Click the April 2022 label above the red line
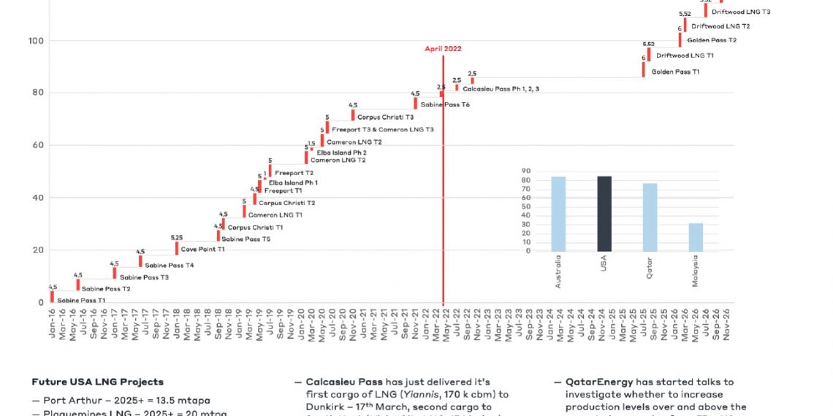pos(443,49)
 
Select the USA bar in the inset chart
pos(604,213)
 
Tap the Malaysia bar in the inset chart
pos(696,237)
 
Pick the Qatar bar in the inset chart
pos(650,217)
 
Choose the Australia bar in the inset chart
pos(558,214)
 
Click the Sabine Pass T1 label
pos(81,300)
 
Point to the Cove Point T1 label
pos(202,249)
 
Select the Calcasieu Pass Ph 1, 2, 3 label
pos(501,88)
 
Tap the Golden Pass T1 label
pos(675,72)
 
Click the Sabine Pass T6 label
pos(445,105)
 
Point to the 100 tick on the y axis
pos(34,40)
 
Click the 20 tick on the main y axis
pos(36,250)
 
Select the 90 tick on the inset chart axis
pos(525,170)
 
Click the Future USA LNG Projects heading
pos(97,382)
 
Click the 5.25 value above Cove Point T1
pos(177,238)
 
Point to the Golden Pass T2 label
pos(712,40)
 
